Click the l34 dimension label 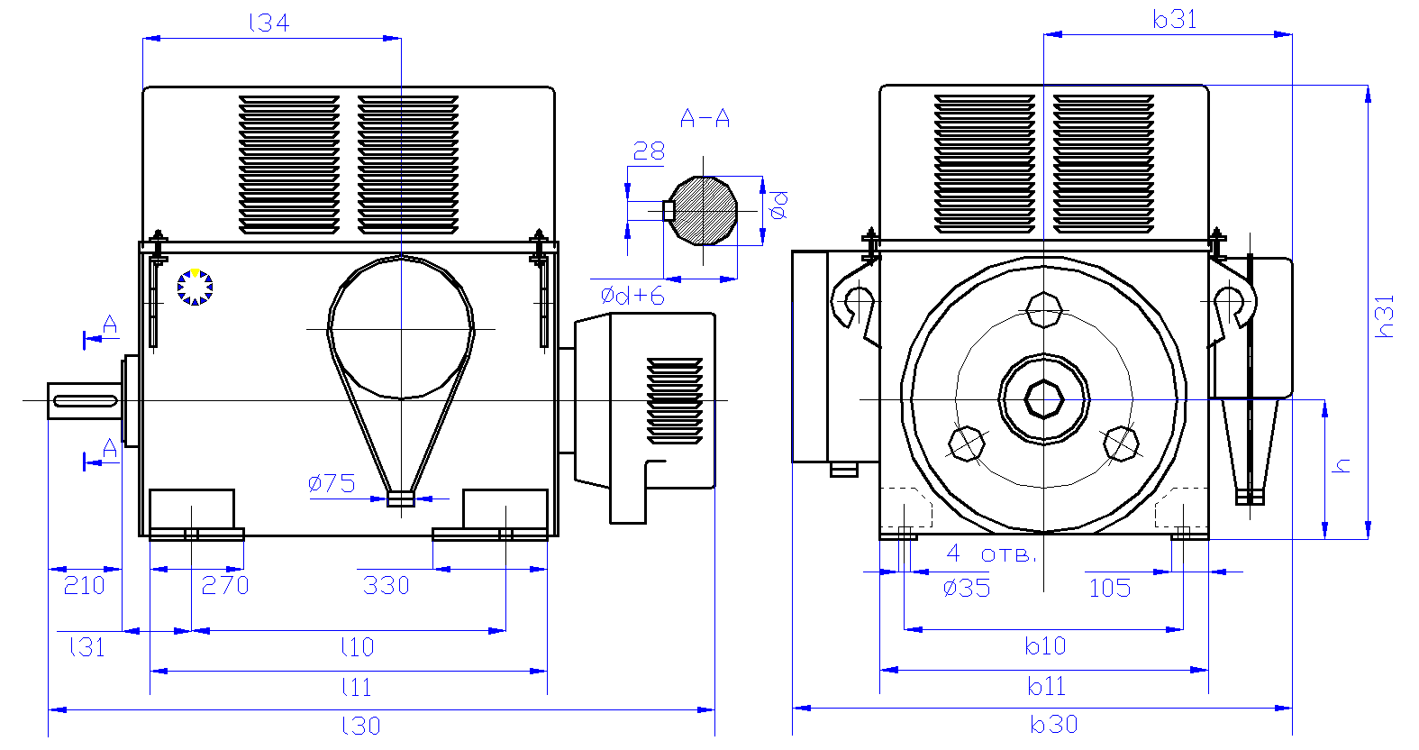pos(268,23)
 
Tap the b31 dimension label pos(1175,19)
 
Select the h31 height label pos(1385,316)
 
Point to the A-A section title pos(705,118)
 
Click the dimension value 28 pos(649,151)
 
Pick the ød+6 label pos(632,296)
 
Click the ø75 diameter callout pos(332,483)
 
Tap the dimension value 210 pos(84,586)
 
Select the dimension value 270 pos(224,586)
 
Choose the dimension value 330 pos(386,586)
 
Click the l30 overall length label pos(360,726)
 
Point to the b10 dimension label pos(1045,645)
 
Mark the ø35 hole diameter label pos(966,589)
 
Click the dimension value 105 pos(1109,589)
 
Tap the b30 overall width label pos(1053,724)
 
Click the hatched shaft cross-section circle pos(704,210)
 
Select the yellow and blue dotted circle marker pos(195,287)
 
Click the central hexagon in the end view pos(1043,398)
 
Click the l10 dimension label pos(357,646)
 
